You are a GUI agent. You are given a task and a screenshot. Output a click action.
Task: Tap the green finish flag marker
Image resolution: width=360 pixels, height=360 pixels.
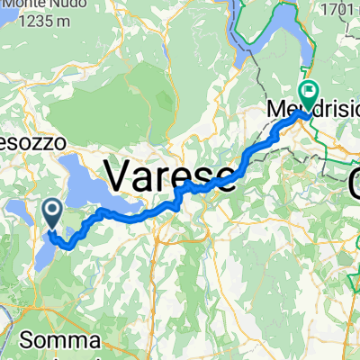[310, 90]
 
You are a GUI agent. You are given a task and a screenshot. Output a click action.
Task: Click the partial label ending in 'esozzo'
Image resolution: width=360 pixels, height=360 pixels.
[22, 142]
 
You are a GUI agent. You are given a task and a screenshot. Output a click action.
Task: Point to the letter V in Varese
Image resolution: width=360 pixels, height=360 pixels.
[121, 171]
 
